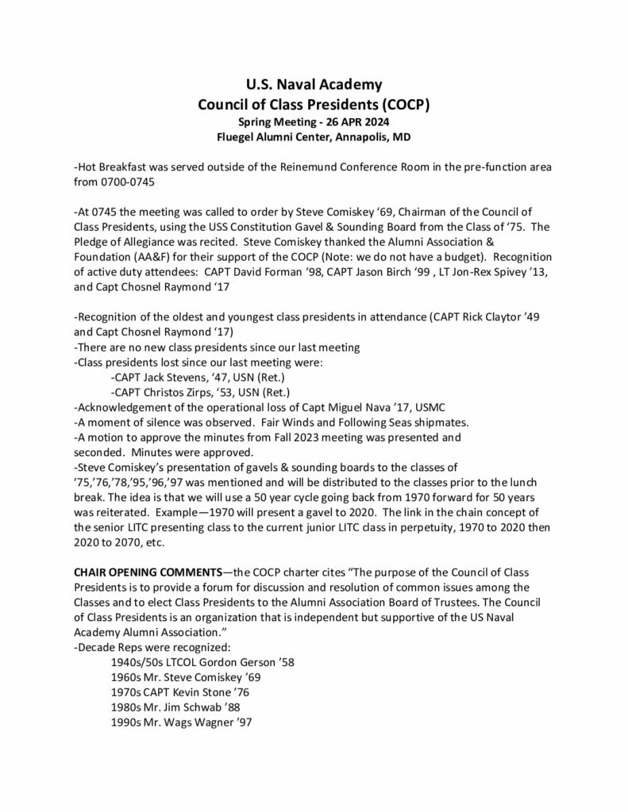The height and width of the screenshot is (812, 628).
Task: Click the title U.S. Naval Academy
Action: point(314,83)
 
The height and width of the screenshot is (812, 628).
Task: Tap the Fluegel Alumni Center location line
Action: point(314,136)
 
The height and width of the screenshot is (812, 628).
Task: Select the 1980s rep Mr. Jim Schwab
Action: point(186,707)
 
